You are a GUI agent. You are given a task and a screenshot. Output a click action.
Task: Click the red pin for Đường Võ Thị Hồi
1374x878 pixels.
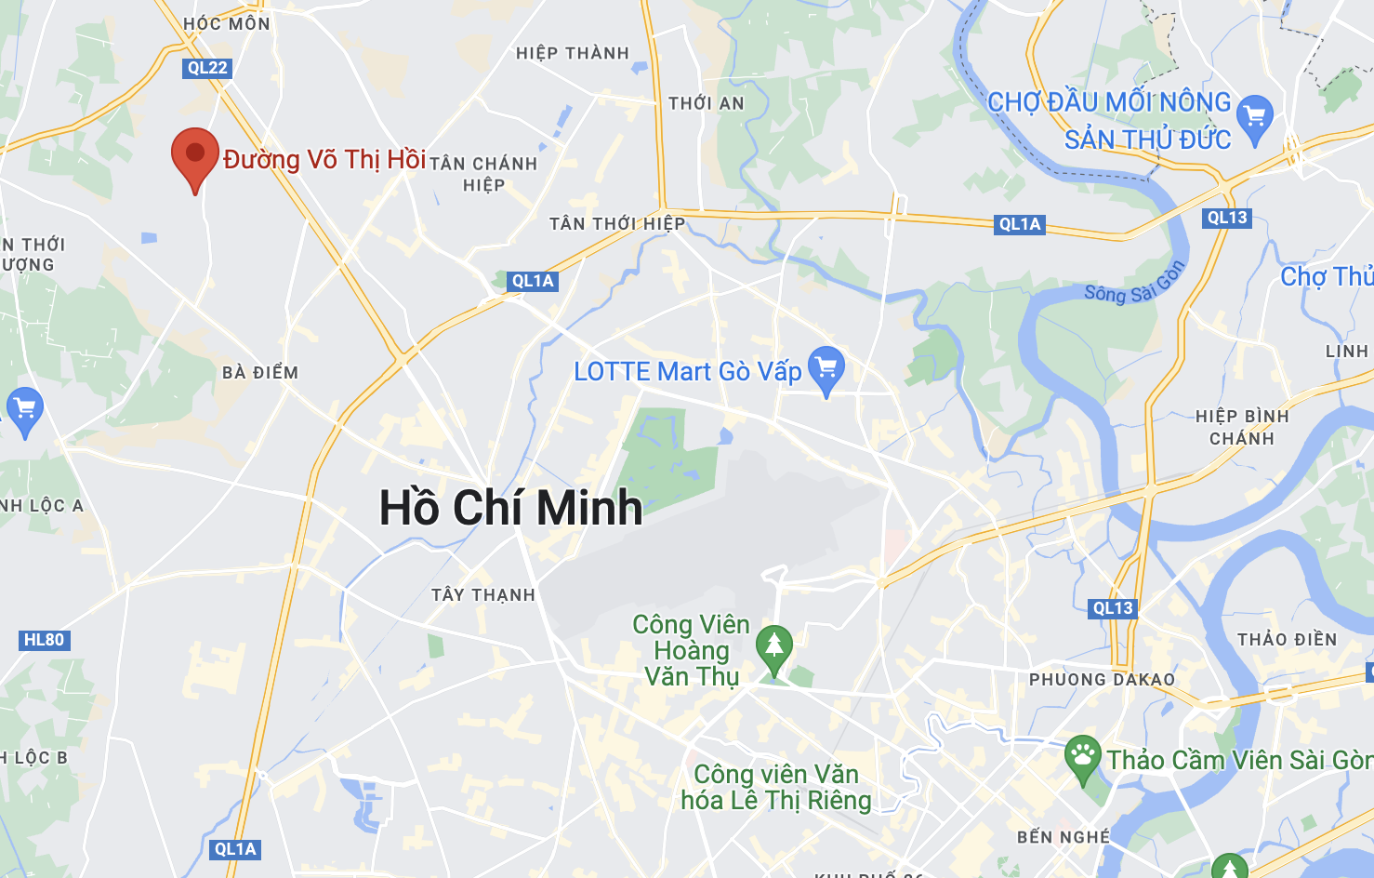coord(195,154)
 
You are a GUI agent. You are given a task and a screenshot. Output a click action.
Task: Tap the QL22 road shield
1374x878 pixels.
coord(207,68)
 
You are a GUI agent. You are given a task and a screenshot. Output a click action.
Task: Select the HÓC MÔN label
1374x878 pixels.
coord(227,23)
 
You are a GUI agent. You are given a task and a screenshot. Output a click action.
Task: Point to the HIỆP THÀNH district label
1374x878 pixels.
coord(573,54)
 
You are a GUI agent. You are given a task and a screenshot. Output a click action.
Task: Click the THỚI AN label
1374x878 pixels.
coord(707,103)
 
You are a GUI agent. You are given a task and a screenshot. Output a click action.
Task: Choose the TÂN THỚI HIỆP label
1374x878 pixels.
coord(617,224)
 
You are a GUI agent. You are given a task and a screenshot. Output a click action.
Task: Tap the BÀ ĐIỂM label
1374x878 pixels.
coord(260,373)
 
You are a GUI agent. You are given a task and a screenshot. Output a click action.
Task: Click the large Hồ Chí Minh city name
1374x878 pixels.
coord(510,508)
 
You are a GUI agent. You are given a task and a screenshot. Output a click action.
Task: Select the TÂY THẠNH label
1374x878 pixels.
coord(483,595)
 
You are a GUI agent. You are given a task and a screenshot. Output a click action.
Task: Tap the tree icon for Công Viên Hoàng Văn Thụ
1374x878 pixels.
coord(773,645)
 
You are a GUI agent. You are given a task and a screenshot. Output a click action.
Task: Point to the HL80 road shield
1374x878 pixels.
coord(44,640)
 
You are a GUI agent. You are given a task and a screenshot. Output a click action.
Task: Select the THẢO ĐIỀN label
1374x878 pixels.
coord(1287,640)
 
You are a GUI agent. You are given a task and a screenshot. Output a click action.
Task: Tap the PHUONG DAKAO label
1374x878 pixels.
coord(1102,680)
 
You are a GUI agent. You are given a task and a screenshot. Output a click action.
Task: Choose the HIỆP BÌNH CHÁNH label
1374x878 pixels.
coord(1242,427)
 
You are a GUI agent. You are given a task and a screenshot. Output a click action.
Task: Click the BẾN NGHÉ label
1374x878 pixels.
coord(1064,837)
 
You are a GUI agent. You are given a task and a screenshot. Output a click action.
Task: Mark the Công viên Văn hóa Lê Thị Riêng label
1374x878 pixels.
coord(776,787)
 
